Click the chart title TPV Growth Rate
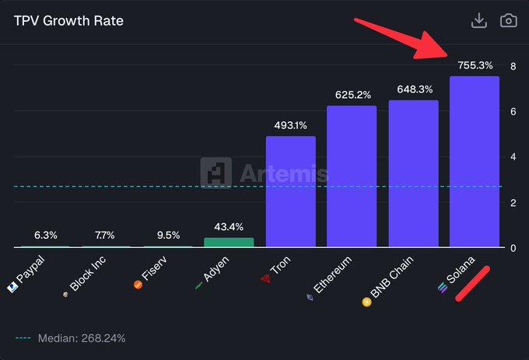[68, 21]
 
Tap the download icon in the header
[479, 21]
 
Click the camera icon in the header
[508, 21]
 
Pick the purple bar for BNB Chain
[413, 174]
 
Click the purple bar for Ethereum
[352, 177]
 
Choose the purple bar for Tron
[291, 192]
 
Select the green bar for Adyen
[229, 243]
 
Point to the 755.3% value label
[475, 65]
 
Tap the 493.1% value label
[291, 125]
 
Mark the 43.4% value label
[229, 227]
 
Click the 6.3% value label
[45, 235]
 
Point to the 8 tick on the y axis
[513, 66]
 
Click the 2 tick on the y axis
[513, 203]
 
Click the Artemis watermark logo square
[215, 173]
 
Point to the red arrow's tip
[448, 57]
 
